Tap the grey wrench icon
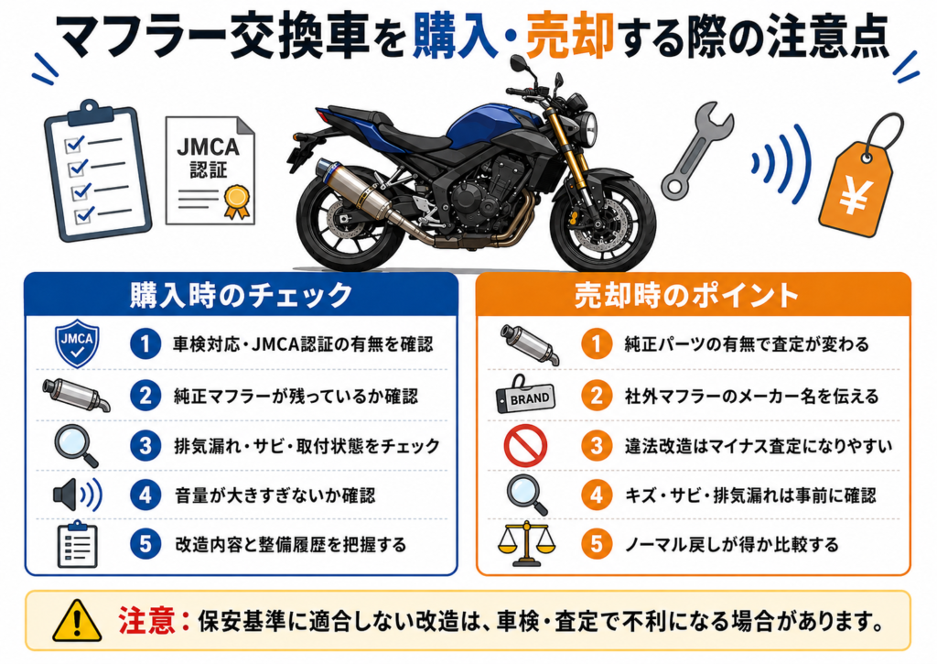point(696,149)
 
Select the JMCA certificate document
point(210,170)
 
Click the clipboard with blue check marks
point(97,173)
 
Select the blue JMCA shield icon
point(77,344)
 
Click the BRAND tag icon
point(526,396)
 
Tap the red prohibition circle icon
point(525,446)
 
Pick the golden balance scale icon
point(526,543)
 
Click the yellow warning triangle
point(77,621)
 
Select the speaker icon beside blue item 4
point(78,495)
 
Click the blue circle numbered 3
point(145,446)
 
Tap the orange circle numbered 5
point(597,544)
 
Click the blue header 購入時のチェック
point(242,295)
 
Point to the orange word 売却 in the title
point(570,37)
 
